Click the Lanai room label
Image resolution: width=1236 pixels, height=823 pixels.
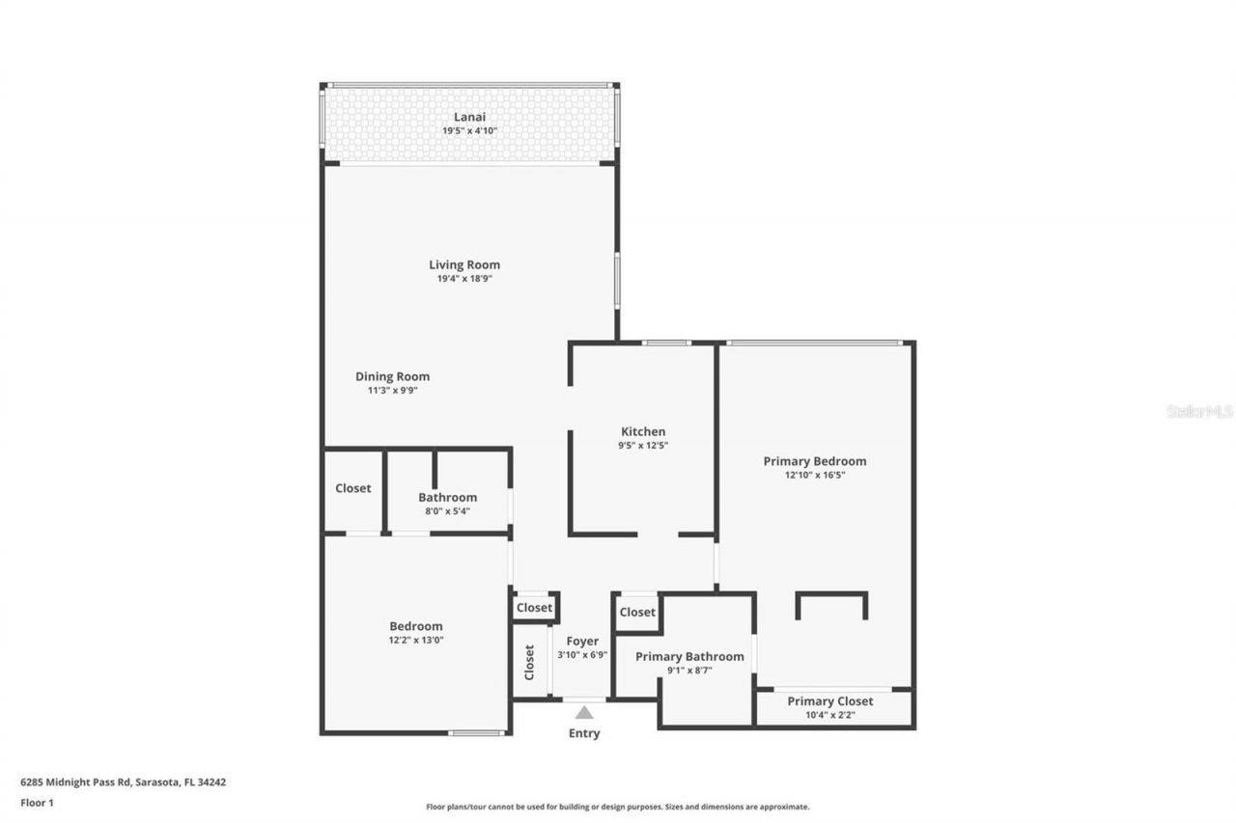tap(469, 117)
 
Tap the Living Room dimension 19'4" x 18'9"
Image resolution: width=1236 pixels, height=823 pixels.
tap(464, 279)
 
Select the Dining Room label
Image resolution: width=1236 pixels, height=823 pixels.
tap(392, 376)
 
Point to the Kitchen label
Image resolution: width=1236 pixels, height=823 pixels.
tap(643, 431)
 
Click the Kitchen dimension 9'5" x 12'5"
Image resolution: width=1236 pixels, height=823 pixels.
tap(643, 446)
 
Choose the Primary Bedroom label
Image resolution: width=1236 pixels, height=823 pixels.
tap(814, 461)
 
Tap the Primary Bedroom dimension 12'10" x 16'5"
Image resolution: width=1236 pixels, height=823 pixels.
tap(814, 475)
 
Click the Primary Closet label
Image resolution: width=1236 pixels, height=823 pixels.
tap(829, 701)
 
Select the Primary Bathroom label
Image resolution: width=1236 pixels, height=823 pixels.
tap(689, 656)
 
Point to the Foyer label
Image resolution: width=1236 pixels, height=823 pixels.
tap(582, 641)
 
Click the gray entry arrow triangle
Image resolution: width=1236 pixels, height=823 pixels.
tap(584, 713)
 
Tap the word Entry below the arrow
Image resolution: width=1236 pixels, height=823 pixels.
tap(584, 733)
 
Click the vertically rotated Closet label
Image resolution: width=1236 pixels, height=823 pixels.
tap(529, 662)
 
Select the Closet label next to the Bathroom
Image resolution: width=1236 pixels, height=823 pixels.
tap(352, 488)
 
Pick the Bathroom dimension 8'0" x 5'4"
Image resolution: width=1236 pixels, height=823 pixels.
tap(447, 511)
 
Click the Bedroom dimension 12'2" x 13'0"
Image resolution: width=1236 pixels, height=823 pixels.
tap(415, 640)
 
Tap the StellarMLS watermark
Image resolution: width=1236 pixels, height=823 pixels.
tap(1199, 411)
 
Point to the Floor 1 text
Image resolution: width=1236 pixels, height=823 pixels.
tap(37, 802)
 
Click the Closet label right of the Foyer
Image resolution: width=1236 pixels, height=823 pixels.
tap(637, 612)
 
